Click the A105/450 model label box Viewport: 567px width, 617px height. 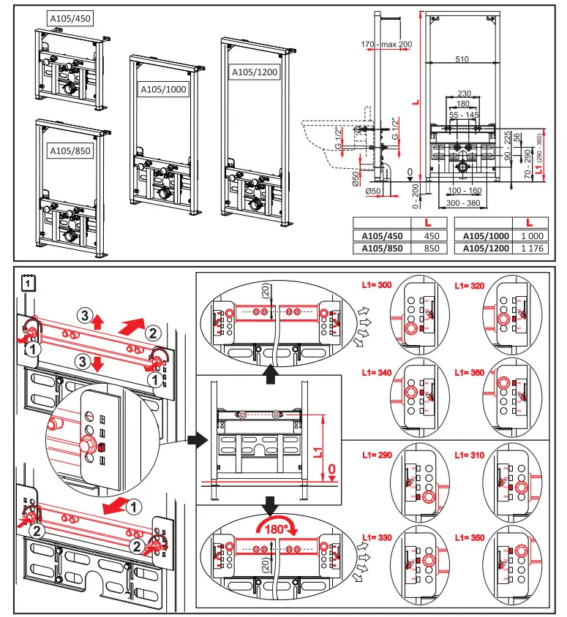tap(71, 18)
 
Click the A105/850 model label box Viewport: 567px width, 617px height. tap(70, 151)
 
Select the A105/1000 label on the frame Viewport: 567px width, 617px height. tap(164, 88)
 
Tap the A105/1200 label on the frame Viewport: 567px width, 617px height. tap(255, 72)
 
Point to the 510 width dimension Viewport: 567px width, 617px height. tap(462, 60)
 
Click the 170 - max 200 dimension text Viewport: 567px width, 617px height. tap(387, 45)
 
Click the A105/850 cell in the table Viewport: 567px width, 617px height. tap(378, 249)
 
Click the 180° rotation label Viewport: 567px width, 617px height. tap(274, 529)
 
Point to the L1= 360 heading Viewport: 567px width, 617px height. tap(469, 373)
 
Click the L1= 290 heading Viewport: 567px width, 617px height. tap(376, 455)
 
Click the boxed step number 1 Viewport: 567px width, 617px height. tap(27, 279)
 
